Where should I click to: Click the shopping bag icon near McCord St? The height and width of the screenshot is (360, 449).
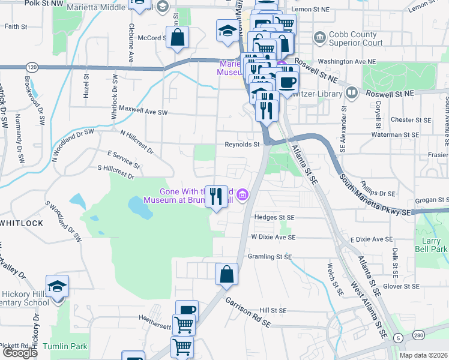(178, 37)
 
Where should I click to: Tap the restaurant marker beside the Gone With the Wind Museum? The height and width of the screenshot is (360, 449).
(216, 196)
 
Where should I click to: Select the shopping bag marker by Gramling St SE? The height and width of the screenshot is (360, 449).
(226, 274)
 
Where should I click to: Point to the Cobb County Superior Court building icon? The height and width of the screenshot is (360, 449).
(319, 38)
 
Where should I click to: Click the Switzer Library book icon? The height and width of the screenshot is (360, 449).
(351, 93)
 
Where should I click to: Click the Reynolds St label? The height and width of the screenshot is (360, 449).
(241, 144)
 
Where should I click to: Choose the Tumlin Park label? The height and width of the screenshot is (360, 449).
(70, 346)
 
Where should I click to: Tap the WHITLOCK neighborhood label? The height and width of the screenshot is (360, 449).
(22, 223)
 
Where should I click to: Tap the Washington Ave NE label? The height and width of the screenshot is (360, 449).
(347, 61)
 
